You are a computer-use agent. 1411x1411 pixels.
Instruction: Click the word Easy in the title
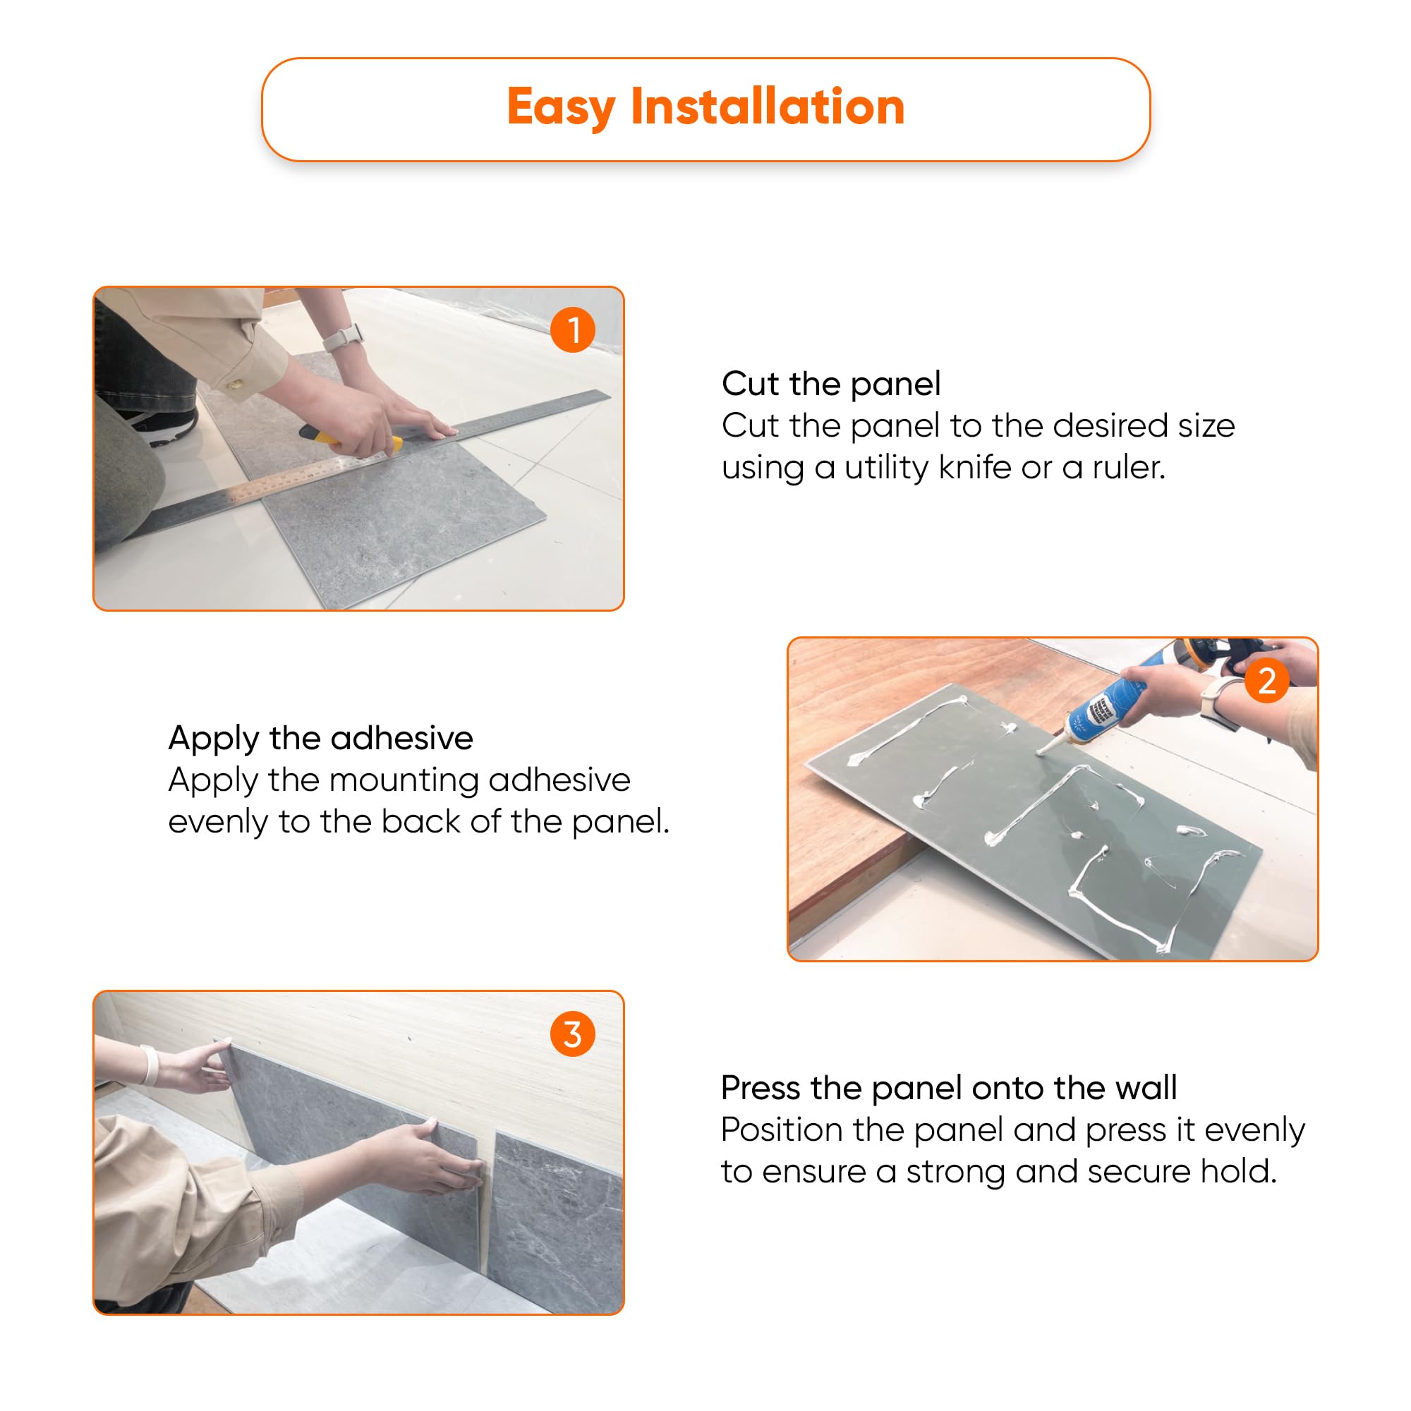pos(560,108)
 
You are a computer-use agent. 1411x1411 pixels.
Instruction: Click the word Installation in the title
pos(768,107)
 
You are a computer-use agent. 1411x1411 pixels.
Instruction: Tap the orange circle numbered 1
pos(573,330)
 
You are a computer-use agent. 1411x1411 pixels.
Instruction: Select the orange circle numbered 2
pos(1266,681)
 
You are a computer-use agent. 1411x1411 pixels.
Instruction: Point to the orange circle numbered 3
pos(573,1034)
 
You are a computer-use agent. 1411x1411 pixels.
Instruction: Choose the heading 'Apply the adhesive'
pos(320,739)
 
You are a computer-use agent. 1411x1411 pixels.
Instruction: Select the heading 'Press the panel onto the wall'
pos(949,1088)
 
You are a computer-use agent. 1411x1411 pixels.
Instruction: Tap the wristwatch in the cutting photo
pos(344,337)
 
